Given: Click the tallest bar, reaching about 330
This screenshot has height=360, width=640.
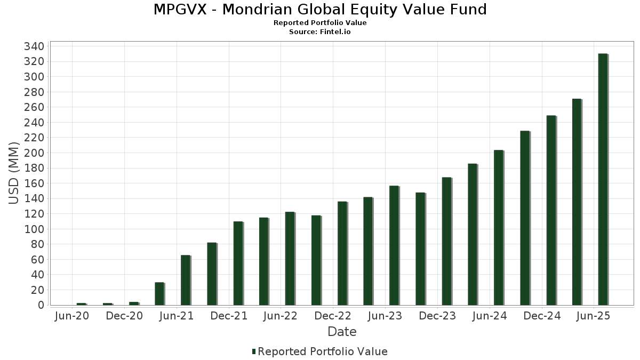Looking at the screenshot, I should tap(603, 179).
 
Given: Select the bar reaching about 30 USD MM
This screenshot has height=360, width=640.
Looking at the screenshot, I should tap(159, 293).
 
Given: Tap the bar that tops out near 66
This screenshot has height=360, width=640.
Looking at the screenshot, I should tap(186, 280).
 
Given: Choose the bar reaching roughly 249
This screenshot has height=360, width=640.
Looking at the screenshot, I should tap(550, 210).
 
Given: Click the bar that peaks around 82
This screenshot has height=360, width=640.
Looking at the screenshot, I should tap(212, 274).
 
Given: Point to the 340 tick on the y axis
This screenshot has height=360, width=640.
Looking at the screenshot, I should tap(34, 46).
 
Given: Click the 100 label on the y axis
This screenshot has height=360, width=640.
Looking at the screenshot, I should tap(34, 229).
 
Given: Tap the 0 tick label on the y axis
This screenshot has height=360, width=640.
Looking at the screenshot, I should tap(41, 306).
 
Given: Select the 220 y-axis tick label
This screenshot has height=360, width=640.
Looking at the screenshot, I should tap(34, 138).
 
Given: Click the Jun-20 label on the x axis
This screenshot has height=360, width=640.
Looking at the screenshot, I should tap(72, 316).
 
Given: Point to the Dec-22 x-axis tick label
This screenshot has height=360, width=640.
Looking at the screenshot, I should tap(333, 316).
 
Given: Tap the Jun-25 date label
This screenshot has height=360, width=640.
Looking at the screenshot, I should tap(594, 316).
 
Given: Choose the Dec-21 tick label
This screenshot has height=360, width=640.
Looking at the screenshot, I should tap(229, 316).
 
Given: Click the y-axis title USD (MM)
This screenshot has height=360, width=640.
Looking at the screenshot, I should tap(14, 173).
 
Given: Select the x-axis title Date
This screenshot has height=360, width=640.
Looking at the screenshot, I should tap(342, 332).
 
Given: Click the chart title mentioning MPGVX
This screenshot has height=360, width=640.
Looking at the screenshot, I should tap(320, 10).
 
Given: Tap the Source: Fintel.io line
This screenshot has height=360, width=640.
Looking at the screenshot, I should tap(320, 31).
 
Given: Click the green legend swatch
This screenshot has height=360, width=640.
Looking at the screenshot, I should tap(254, 351).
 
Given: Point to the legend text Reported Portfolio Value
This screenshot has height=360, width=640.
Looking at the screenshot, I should tap(322, 351).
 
